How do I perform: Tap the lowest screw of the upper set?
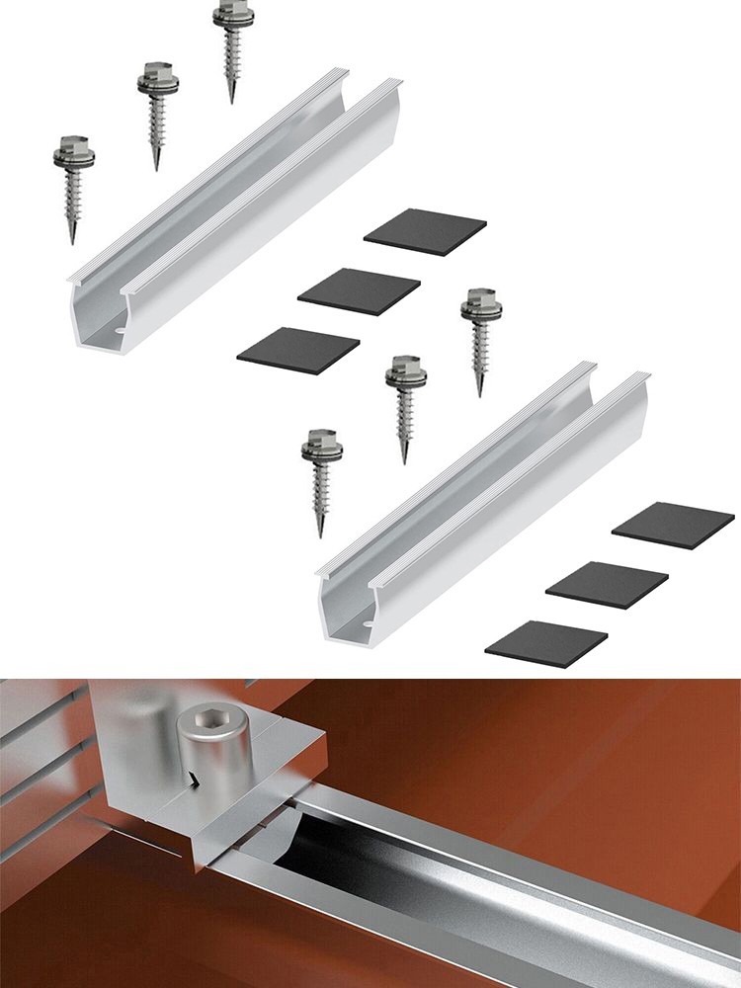coord(71,183)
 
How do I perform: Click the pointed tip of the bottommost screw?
coord(320,534)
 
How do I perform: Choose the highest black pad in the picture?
coord(425,232)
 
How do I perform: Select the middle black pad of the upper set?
coord(359,290)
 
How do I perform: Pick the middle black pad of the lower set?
coord(607,585)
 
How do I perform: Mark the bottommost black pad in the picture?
coord(546,643)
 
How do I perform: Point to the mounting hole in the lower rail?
coord(368,623)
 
